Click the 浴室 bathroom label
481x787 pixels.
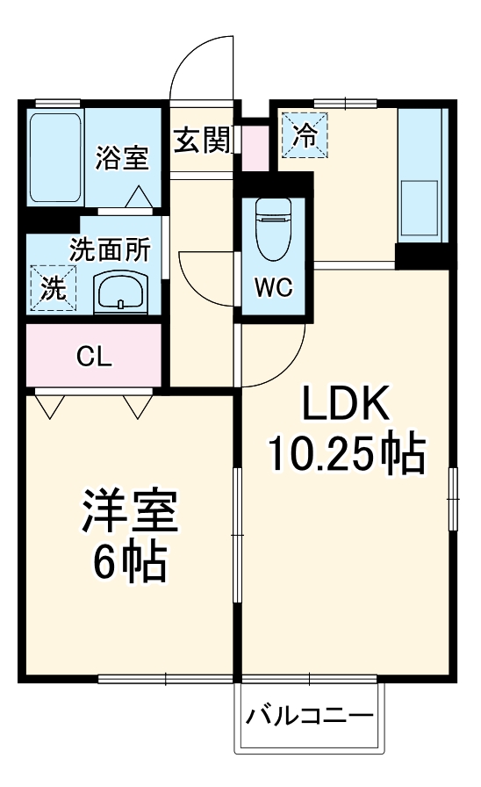(x=122, y=159)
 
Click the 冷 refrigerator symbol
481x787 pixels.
(x=304, y=135)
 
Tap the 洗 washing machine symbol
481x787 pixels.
(x=53, y=287)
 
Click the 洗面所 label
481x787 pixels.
(x=110, y=250)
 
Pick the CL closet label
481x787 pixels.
(x=93, y=357)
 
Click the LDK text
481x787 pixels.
(x=346, y=405)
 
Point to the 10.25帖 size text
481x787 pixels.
(x=346, y=455)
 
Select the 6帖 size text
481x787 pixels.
(x=130, y=564)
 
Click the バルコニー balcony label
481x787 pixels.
(x=309, y=715)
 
